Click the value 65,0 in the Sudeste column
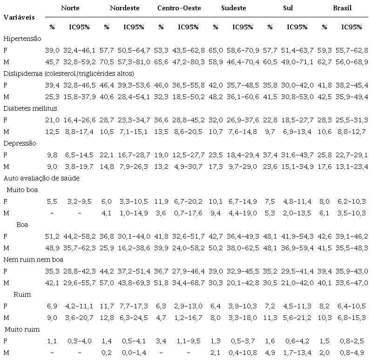click(215, 50)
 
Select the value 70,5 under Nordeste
click(107, 62)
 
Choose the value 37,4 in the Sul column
click(270, 154)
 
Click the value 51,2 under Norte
click(52, 236)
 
